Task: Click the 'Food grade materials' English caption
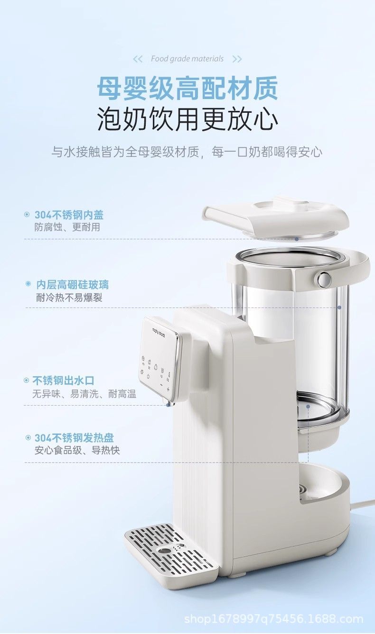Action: click(187, 59)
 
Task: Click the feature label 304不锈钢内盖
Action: click(69, 215)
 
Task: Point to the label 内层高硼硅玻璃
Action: click(72, 284)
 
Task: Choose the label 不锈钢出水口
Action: click(63, 380)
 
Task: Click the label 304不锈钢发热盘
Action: click(74, 438)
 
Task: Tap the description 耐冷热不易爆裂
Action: click(69, 298)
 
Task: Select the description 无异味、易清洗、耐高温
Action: click(84, 394)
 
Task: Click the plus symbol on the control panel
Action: click(168, 389)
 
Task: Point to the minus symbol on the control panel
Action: click(161, 385)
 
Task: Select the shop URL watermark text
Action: click(273, 619)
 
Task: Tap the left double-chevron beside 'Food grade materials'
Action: click(138, 59)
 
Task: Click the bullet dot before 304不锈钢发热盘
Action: click(28, 438)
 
